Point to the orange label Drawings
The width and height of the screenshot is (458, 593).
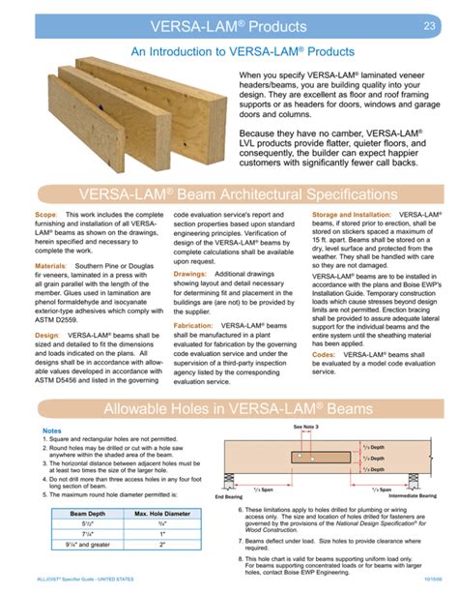(x=189, y=274)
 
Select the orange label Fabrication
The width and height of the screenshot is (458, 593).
(x=193, y=327)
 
